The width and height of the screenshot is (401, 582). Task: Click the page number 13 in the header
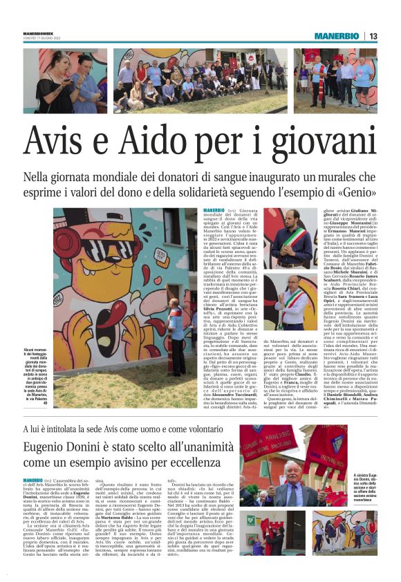tap(391, 36)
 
